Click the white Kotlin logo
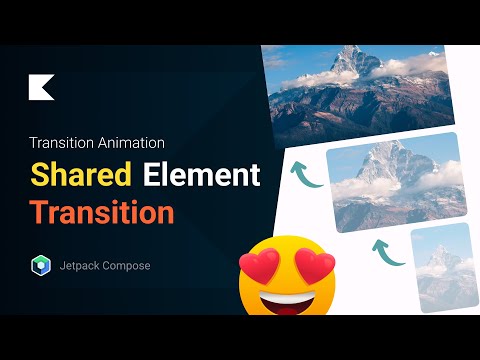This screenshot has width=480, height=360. [41, 87]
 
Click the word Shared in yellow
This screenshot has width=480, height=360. [81, 175]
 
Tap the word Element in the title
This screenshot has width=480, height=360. [200, 175]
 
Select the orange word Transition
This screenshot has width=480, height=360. [101, 212]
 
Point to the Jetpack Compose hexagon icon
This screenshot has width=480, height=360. [39, 266]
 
